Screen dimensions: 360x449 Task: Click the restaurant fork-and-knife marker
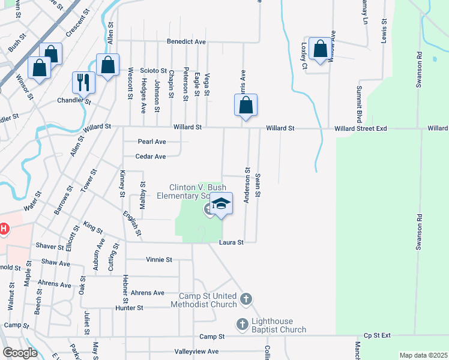[83, 83]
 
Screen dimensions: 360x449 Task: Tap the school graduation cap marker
[221, 204]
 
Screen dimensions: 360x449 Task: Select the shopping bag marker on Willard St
[246, 106]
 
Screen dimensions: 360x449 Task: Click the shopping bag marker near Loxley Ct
[321, 48]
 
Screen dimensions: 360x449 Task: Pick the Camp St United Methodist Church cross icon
[245, 299]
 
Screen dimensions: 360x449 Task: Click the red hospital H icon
[4, 229]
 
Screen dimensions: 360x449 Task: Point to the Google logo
[20, 353]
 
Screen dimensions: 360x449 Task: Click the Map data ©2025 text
[423, 355]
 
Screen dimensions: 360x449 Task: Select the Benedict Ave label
[186, 42]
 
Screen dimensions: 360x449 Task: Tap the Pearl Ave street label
[151, 142]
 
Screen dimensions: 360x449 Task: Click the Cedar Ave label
[151, 157]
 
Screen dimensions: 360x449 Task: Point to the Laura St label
[231, 242]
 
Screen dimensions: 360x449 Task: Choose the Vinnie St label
[159, 260]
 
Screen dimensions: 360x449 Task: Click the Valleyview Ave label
[196, 351]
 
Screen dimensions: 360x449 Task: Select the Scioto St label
[153, 70]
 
